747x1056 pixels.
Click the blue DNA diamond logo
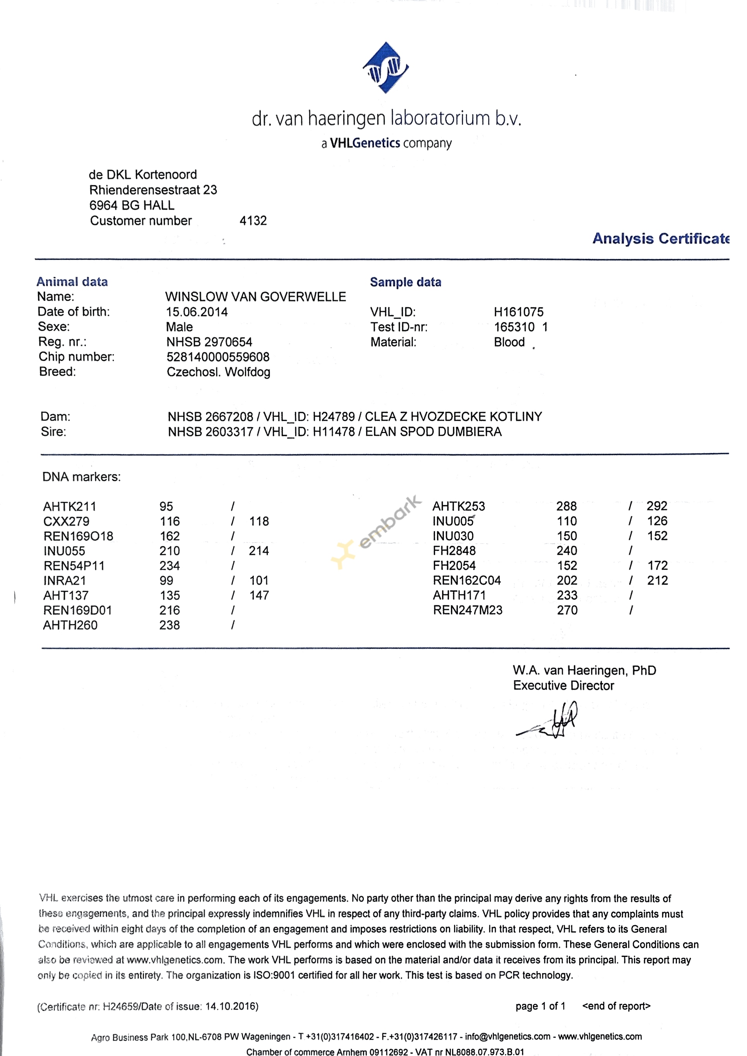coord(385,68)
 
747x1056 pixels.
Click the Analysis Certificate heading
coord(661,238)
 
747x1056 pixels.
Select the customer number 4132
coord(253,221)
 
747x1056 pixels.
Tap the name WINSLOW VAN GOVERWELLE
coord(255,297)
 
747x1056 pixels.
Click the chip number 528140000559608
coord(218,357)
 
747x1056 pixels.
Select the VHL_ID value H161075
coord(518,312)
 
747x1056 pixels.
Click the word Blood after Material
coord(509,342)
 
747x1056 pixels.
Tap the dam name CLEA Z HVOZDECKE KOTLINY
coord(453,417)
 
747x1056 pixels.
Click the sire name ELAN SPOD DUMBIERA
coord(433,432)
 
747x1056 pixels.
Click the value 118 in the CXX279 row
coord(259,521)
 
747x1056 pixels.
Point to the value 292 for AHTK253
coord(656,506)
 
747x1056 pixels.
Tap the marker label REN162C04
coord(466,580)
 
